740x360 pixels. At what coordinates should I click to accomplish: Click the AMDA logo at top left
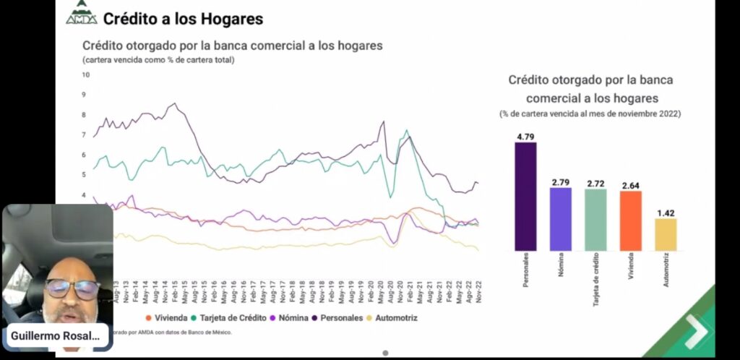[x=81, y=14]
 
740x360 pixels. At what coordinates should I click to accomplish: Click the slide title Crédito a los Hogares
[x=183, y=19]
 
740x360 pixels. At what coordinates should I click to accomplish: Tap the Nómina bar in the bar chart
[x=560, y=219]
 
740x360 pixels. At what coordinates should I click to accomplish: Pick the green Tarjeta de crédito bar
[x=595, y=220]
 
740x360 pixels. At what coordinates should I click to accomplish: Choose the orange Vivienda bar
[x=631, y=220]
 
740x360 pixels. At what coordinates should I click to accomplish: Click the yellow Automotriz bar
[x=666, y=234]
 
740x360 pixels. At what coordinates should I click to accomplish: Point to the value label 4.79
[x=525, y=136]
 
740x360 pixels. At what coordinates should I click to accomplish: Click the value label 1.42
[x=666, y=213]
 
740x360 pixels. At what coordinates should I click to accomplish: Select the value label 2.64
[x=631, y=185]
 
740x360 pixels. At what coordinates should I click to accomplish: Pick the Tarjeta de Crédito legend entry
[x=231, y=317]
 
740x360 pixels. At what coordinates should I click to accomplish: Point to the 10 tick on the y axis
[x=85, y=74]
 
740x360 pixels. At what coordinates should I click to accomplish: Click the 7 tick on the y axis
[x=85, y=135]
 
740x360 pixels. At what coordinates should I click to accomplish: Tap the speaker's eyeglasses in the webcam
[x=72, y=289]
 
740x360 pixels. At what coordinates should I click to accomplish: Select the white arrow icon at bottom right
[x=696, y=330]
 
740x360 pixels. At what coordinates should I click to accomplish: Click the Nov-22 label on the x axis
[x=478, y=293]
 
